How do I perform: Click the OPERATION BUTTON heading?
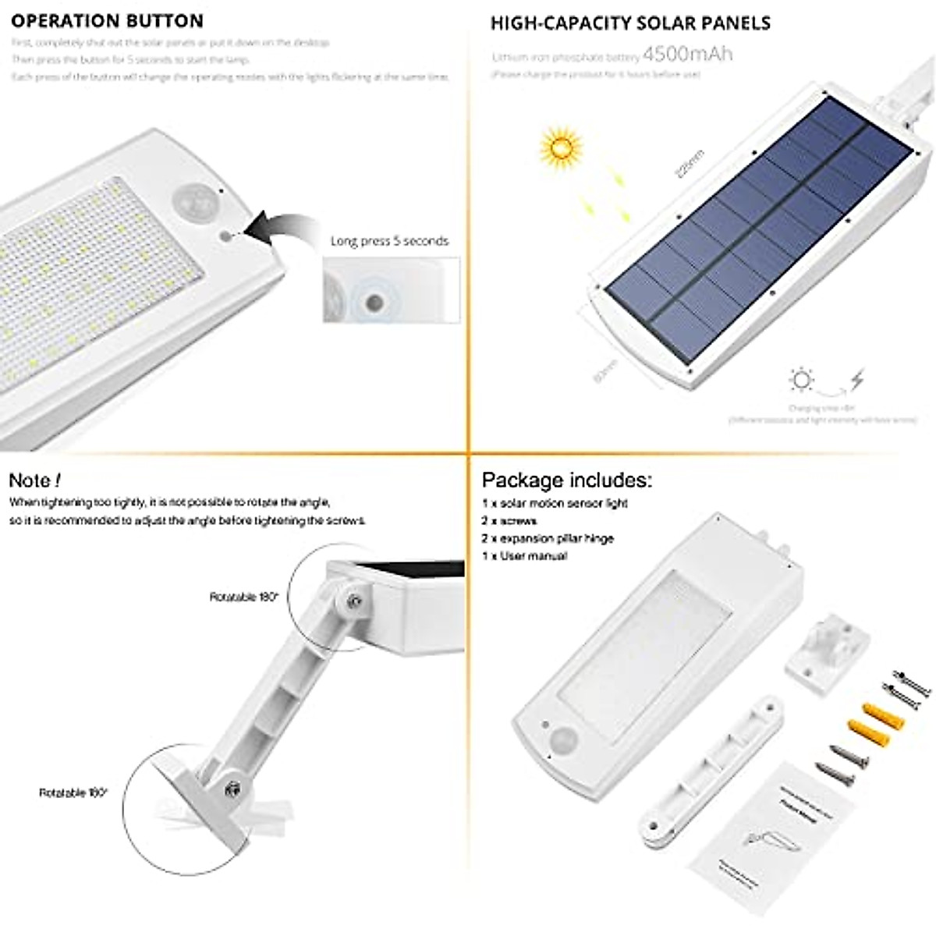tap(107, 21)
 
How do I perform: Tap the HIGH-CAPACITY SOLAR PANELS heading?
tap(630, 23)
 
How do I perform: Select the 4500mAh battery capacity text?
tap(687, 55)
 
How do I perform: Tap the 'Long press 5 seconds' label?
tap(389, 241)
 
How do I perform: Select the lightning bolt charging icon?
tap(856, 381)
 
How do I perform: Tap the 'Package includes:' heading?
tap(567, 480)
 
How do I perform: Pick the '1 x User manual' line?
tap(524, 556)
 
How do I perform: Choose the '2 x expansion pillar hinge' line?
tap(548, 538)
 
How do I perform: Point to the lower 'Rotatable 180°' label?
tap(74, 792)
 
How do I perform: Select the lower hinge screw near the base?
tap(232, 790)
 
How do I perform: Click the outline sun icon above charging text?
tap(800, 381)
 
